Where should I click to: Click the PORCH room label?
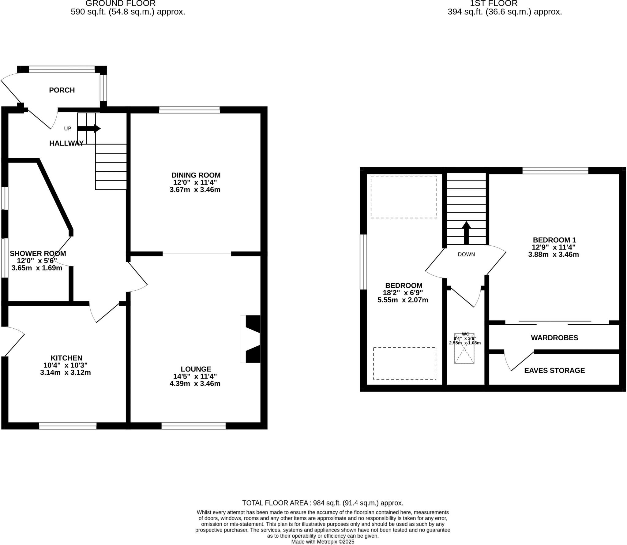pos(62,90)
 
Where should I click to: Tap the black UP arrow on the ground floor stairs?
pos(89,129)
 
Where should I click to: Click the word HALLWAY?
pos(66,143)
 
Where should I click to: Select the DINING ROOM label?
pos(196,175)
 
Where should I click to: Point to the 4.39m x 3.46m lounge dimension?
pos(195,384)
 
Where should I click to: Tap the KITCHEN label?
pos(66,358)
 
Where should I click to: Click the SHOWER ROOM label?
pos(38,254)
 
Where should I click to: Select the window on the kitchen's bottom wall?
pos(68,426)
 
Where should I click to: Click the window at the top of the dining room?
pos(189,110)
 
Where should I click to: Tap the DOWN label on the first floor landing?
pos(466,254)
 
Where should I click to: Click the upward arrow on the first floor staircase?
pos(466,233)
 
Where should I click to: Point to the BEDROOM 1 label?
pos(554,240)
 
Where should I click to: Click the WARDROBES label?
pos(554,338)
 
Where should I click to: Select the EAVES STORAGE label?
pos(554,371)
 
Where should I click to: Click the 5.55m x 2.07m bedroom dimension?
pos(403,300)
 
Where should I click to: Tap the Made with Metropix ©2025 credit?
pos(323,542)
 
